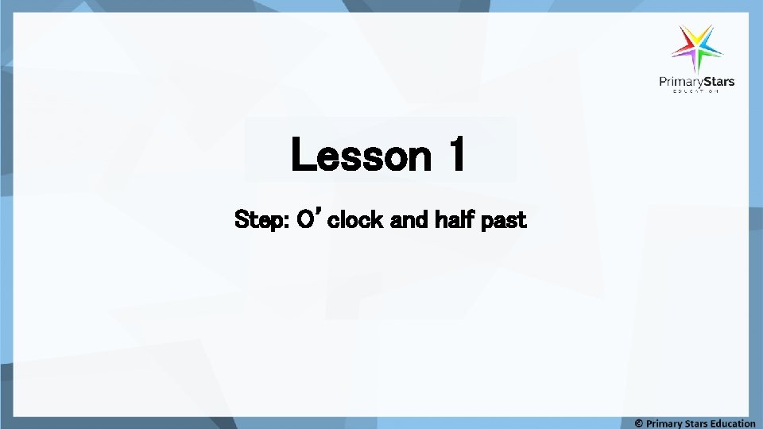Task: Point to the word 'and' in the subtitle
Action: tap(409, 219)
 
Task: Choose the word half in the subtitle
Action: tap(452, 219)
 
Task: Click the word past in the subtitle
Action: tap(502, 219)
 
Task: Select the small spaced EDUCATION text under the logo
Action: tap(696, 92)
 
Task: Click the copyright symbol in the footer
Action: tap(639, 423)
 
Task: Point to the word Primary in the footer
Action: tap(664, 423)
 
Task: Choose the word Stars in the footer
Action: tap(698, 423)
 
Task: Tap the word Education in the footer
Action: tap(734, 423)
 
